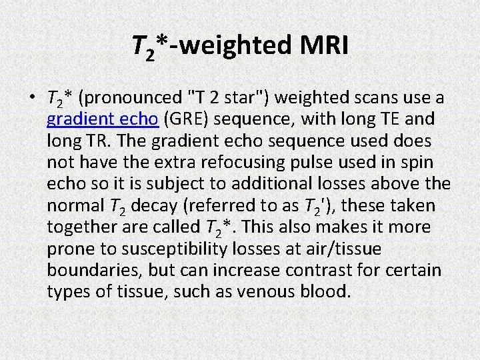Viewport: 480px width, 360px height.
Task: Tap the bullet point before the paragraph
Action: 32,99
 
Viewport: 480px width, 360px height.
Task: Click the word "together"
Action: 77,227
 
